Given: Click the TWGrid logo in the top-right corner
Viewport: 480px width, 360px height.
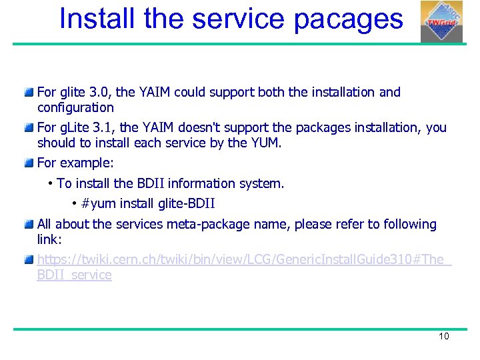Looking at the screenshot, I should pyautogui.click(x=441, y=21).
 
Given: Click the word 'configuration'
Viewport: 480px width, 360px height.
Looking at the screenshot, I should pyautogui.click(x=75, y=107).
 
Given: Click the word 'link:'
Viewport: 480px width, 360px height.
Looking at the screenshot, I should pyautogui.click(x=49, y=239).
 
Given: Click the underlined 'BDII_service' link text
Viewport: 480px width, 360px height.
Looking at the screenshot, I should pyautogui.click(x=74, y=275).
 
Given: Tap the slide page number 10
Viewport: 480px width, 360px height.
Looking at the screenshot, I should pyautogui.click(x=444, y=336).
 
